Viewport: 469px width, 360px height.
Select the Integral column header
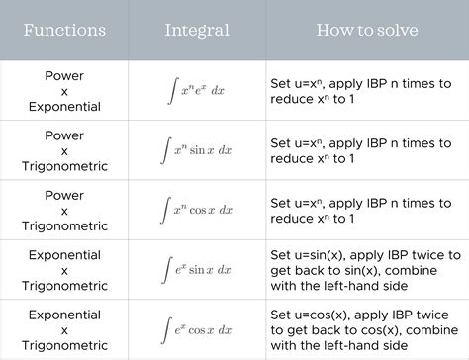198,30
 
